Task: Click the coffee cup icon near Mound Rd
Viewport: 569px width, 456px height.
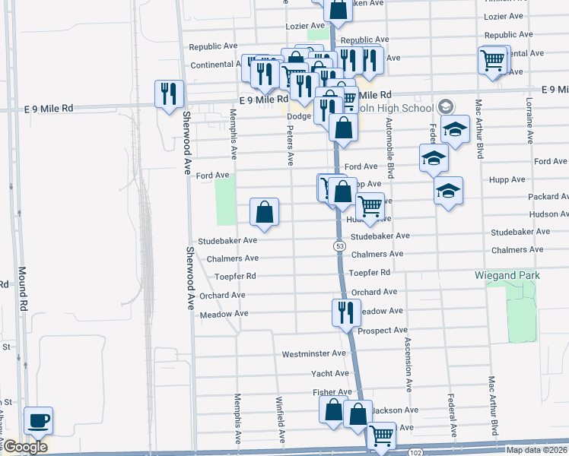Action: (x=37, y=420)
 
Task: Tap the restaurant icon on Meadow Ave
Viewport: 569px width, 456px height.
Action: (x=345, y=312)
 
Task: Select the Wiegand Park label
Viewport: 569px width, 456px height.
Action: (x=506, y=274)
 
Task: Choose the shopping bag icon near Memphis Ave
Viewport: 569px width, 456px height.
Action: (x=264, y=213)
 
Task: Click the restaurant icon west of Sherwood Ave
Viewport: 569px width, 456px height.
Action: (x=167, y=94)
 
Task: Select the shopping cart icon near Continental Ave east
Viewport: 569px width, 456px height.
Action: (x=493, y=59)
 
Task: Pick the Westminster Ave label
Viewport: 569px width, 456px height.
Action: (x=313, y=354)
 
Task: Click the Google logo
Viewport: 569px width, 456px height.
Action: (x=25, y=447)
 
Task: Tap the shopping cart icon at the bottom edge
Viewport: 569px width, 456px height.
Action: (x=381, y=436)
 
